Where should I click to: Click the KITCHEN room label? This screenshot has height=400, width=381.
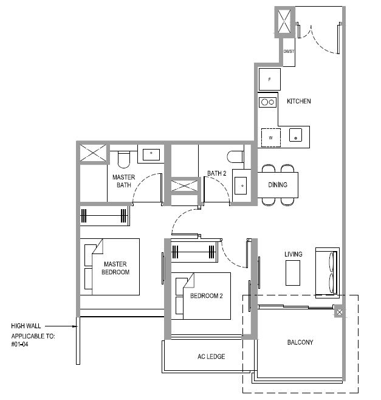tap(299, 102)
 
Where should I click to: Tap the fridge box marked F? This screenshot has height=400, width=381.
tap(270, 80)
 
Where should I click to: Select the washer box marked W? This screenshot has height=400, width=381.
tap(271, 138)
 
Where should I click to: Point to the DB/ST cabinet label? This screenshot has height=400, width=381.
tap(289, 51)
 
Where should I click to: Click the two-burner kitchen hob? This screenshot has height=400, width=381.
tap(268, 102)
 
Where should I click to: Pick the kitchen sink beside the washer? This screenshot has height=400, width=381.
tap(295, 135)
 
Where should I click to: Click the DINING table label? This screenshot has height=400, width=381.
tap(278, 185)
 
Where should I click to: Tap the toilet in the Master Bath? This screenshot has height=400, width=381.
tap(124, 159)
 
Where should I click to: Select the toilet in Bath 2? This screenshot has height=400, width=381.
tap(235, 157)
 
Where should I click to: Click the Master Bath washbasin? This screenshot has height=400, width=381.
tap(151, 154)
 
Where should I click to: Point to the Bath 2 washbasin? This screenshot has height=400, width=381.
tap(241, 185)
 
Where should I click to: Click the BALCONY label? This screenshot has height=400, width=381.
tap(300, 342)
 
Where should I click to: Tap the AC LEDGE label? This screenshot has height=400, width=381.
tap(211, 356)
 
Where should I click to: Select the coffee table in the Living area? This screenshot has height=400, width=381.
tap(293, 273)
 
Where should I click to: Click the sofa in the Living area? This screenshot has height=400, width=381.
tap(328, 273)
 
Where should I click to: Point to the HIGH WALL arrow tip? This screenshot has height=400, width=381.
tap(77, 326)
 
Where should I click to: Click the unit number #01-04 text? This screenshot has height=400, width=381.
tap(19, 344)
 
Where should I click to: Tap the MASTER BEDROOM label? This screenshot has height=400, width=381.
tap(115, 268)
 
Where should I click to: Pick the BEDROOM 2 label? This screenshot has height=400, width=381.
tap(207, 296)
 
